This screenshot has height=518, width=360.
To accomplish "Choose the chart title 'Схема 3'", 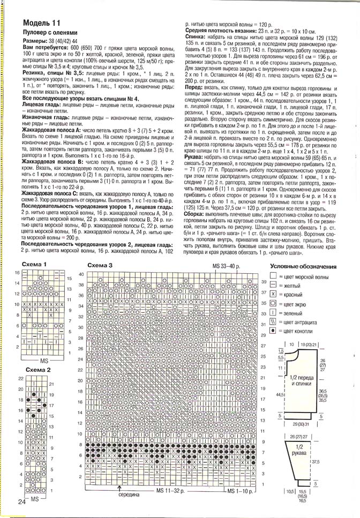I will tap(100, 265).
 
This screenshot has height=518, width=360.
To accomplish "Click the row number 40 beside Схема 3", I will tap(81, 274).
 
